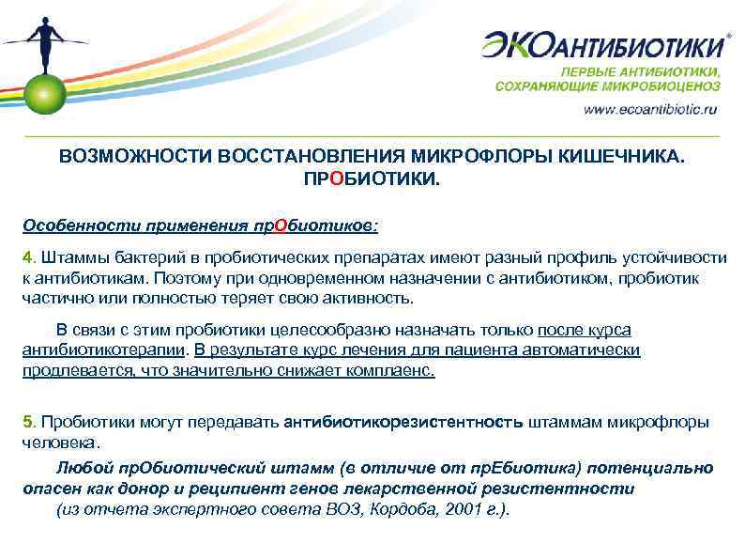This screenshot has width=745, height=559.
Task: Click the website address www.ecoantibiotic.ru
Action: (x=650, y=109)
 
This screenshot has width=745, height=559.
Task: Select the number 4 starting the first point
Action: (x=27, y=257)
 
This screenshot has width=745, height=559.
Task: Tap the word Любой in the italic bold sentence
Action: (x=80, y=468)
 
